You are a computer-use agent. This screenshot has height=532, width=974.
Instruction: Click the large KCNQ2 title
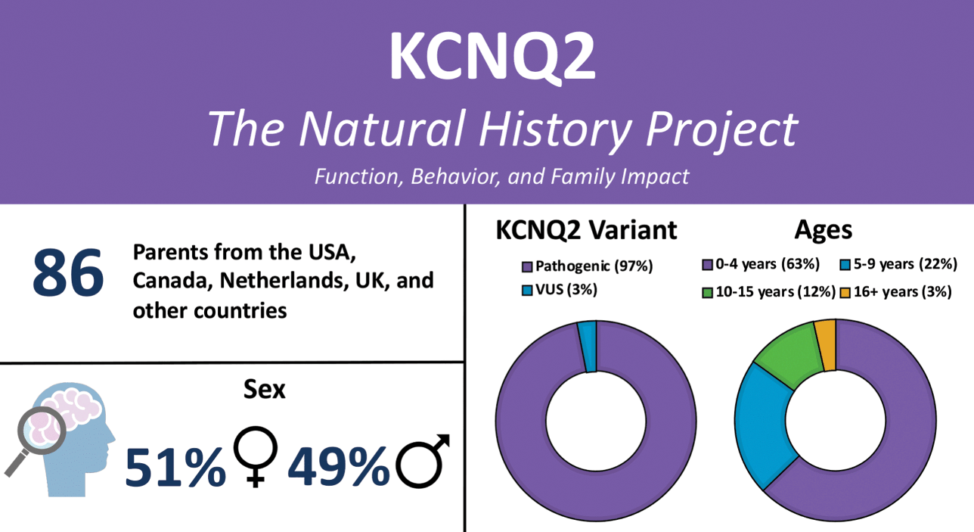point(492,57)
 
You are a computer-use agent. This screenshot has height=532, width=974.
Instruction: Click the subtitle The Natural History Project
point(502,128)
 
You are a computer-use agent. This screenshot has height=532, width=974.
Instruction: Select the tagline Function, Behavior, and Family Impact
point(501,176)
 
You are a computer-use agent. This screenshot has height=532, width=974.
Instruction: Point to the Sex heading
point(265,389)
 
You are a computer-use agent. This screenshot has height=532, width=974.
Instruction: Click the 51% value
point(175,465)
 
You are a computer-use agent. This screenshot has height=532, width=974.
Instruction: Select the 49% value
point(338,465)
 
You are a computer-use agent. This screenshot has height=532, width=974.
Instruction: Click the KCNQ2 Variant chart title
point(586,230)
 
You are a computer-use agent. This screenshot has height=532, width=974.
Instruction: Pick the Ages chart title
point(824,230)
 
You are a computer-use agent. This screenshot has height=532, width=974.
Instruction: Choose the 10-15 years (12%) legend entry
point(768,292)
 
